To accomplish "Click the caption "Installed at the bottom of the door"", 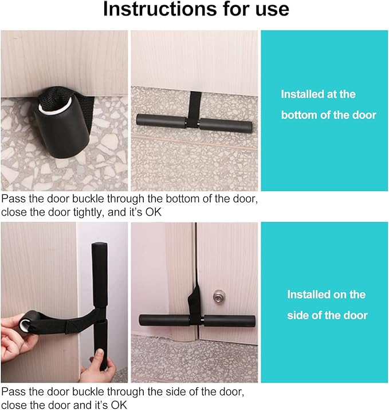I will coord(328,105).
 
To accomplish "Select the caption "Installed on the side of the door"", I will coord(327,305).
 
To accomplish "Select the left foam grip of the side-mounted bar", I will coord(160,320).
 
